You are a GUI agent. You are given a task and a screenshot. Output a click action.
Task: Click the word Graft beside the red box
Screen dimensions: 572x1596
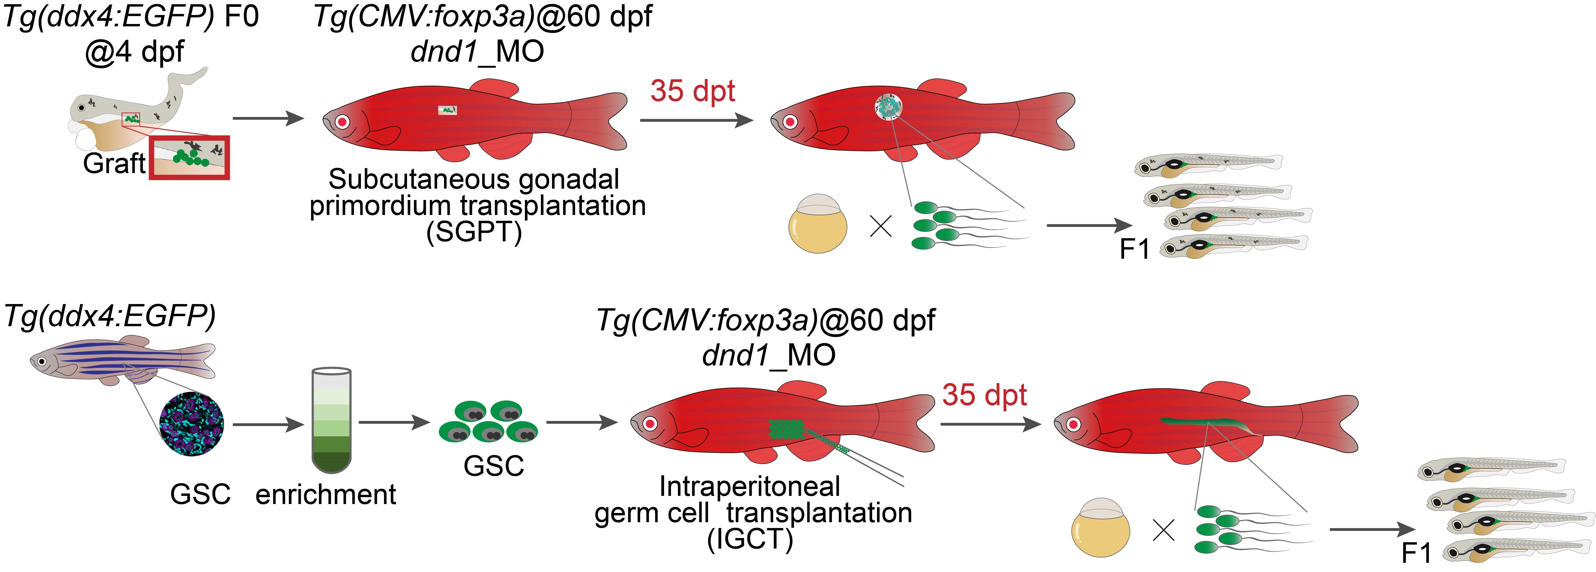(x=114, y=164)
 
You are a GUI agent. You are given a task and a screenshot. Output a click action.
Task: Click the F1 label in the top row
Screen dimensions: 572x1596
(x=1134, y=249)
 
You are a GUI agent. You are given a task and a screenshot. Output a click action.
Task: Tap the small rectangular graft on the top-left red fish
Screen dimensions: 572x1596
(x=447, y=110)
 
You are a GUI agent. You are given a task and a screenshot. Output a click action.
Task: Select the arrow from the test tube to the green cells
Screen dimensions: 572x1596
(x=394, y=423)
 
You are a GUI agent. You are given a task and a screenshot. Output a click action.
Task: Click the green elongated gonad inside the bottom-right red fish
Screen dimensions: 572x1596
(x=1208, y=424)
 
